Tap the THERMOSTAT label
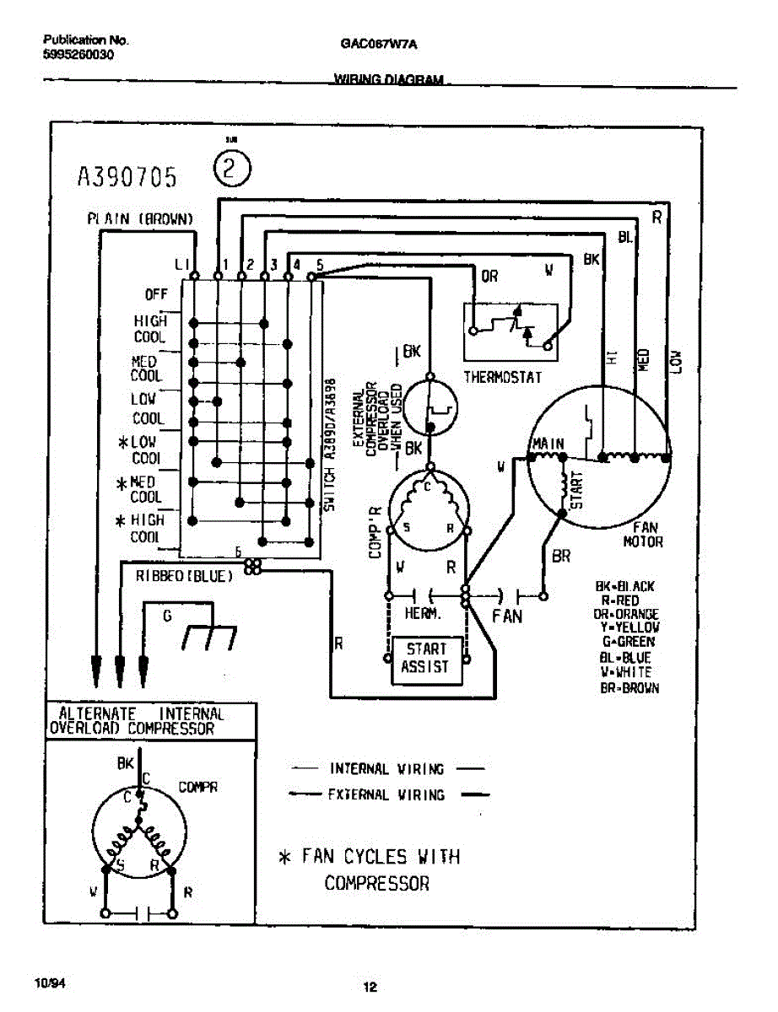pyautogui.click(x=503, y=377)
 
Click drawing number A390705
pyautogui.click(x=127, y=176)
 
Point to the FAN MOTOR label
pyautogui.click(x=643, y=534)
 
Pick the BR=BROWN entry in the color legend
pyautogui.click(x=629, y=688)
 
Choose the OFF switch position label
pyautogui.click(x=156, y=295)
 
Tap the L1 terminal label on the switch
pyautogui.click(x=181, y=264)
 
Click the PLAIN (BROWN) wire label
pyautogui.click(x=141, y=218)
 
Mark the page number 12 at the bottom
pyautogui.click(x=370, y=988)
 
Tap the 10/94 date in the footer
pyautogui.click(x=47, y=983)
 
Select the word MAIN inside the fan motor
pyautogui.click(x=548, y=444)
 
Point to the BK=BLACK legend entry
pyautogui.click(x=625, y=587)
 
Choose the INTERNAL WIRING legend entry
pyautogui.click(x=386, y=769)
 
